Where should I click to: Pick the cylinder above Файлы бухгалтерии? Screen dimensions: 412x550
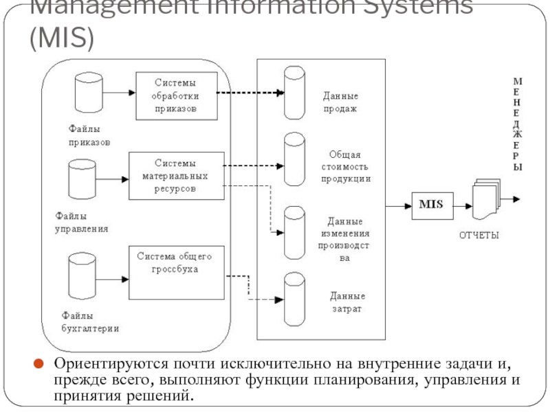(82, 275)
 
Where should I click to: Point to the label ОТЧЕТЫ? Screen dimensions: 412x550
(478, 236)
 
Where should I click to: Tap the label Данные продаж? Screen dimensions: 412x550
(341, 102)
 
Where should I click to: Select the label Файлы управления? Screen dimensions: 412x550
(81, 221)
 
